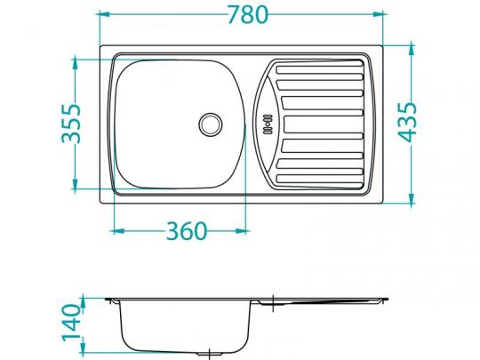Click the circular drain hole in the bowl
(211, 123)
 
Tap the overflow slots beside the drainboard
(264, 123)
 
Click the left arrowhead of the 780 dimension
(102, 15)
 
